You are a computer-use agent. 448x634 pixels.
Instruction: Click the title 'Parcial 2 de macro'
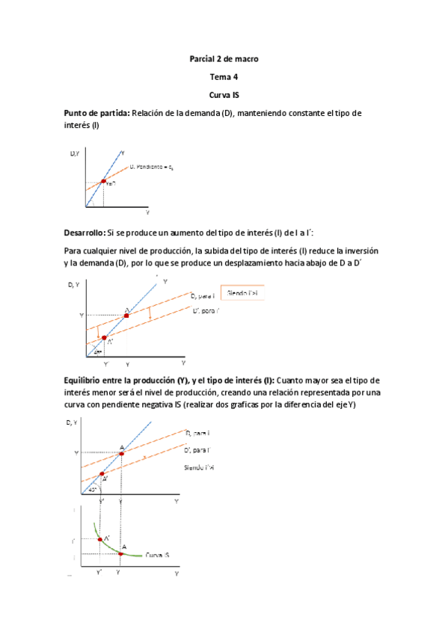point(224,59)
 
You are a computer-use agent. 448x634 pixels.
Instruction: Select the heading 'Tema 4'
point(224,77)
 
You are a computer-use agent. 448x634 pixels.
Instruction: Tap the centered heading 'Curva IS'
point(224,95)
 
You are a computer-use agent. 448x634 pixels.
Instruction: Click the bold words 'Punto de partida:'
point(97,113)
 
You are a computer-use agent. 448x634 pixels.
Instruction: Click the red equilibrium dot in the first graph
point(103,182)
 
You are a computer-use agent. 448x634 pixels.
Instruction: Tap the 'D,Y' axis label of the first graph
point(75,153)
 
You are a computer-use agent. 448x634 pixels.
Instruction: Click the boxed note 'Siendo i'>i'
point(243,295)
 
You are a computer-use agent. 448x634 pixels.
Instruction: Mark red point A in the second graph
point(126,316)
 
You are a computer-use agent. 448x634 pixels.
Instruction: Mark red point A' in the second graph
point(104,337)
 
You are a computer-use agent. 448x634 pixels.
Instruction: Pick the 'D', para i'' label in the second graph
point(206,310)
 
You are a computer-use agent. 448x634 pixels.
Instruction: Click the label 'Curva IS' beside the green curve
point(159,555)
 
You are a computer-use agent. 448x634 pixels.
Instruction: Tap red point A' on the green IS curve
point(99,539)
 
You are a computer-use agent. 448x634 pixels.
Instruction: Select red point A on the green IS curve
point(121,553)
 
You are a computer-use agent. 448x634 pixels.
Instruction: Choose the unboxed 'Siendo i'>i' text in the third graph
point(199,467)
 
